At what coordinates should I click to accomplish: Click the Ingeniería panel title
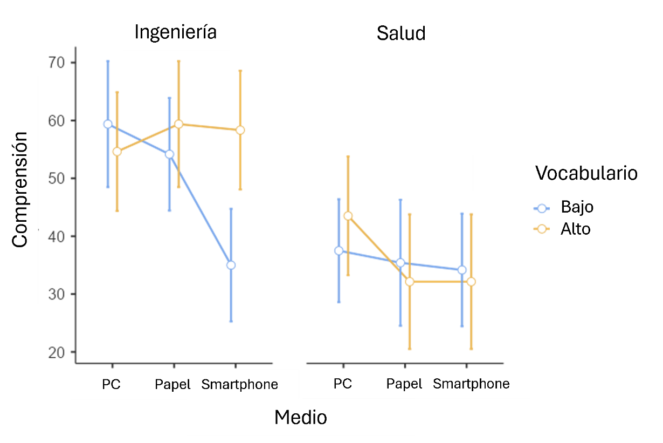(x=175, y=32)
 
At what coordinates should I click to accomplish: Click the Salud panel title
(x=401, y=33)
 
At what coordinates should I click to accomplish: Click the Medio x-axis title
(x=300, y=417)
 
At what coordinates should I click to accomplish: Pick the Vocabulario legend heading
(x=586, y=173)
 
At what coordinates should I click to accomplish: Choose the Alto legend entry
(x=576, y=229)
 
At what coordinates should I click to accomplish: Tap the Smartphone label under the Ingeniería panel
(x=240, y=385)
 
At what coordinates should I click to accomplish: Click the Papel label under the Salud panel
(x=404, y=384)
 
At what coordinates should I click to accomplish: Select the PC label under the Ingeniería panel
(x=111, y=385)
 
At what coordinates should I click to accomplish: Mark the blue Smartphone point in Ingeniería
(x=231, y=265)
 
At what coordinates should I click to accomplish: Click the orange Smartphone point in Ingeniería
(x=240, y=130)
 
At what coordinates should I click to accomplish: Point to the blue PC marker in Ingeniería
(x=108, y=124)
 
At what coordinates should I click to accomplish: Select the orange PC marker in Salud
(x=348, y=216)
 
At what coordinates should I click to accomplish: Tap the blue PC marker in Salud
(x=339, y=250)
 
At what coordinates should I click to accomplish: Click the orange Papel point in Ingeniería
(x=178, y=124)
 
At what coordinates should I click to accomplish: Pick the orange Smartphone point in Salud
(x=472, y=282)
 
